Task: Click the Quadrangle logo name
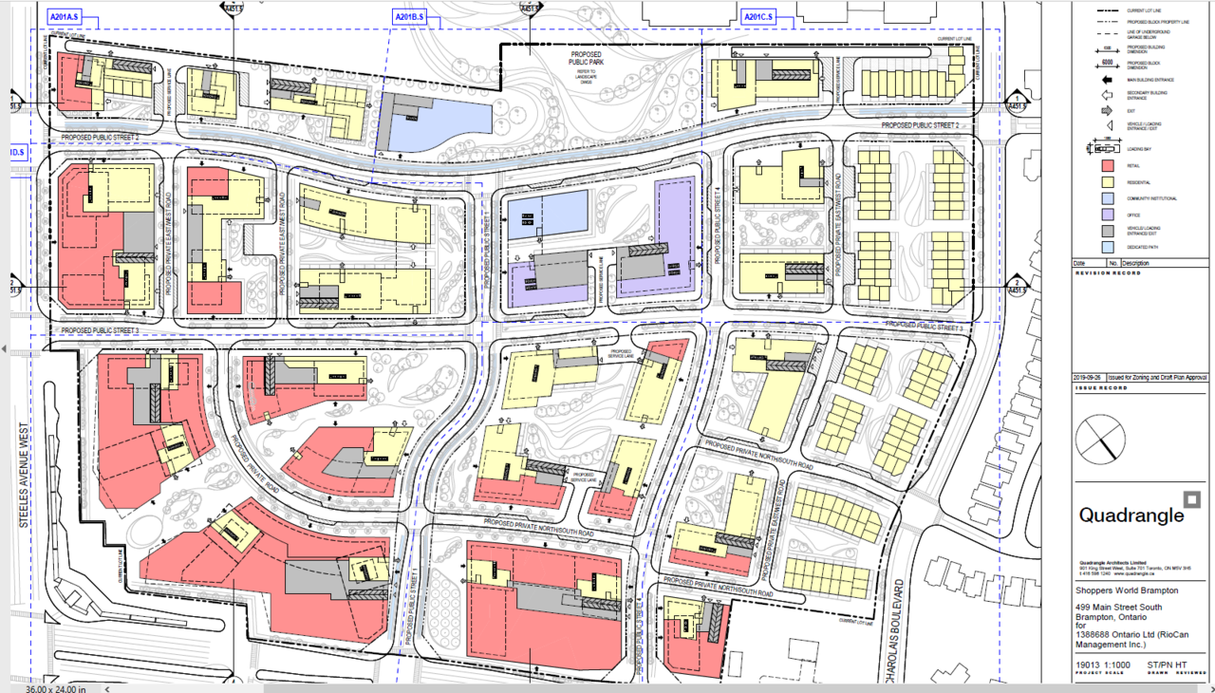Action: tap(1131, 515)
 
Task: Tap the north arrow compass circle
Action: tap(1101, 438)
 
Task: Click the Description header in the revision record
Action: tap(1138, 263)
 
